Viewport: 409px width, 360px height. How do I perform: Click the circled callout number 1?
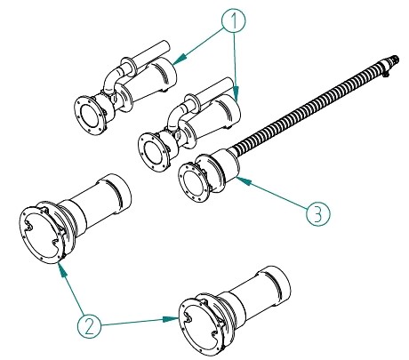coord(234,20)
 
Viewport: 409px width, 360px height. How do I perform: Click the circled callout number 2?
coord(89,326)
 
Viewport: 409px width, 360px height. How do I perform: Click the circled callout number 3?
coord(317,214)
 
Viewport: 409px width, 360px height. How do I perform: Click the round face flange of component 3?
coord(193,183)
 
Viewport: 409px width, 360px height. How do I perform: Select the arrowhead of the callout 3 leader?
coord(243,180)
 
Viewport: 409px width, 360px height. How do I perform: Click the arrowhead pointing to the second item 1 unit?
coord(237,92)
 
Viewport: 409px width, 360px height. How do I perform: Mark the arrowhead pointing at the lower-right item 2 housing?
coord(171,319)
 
